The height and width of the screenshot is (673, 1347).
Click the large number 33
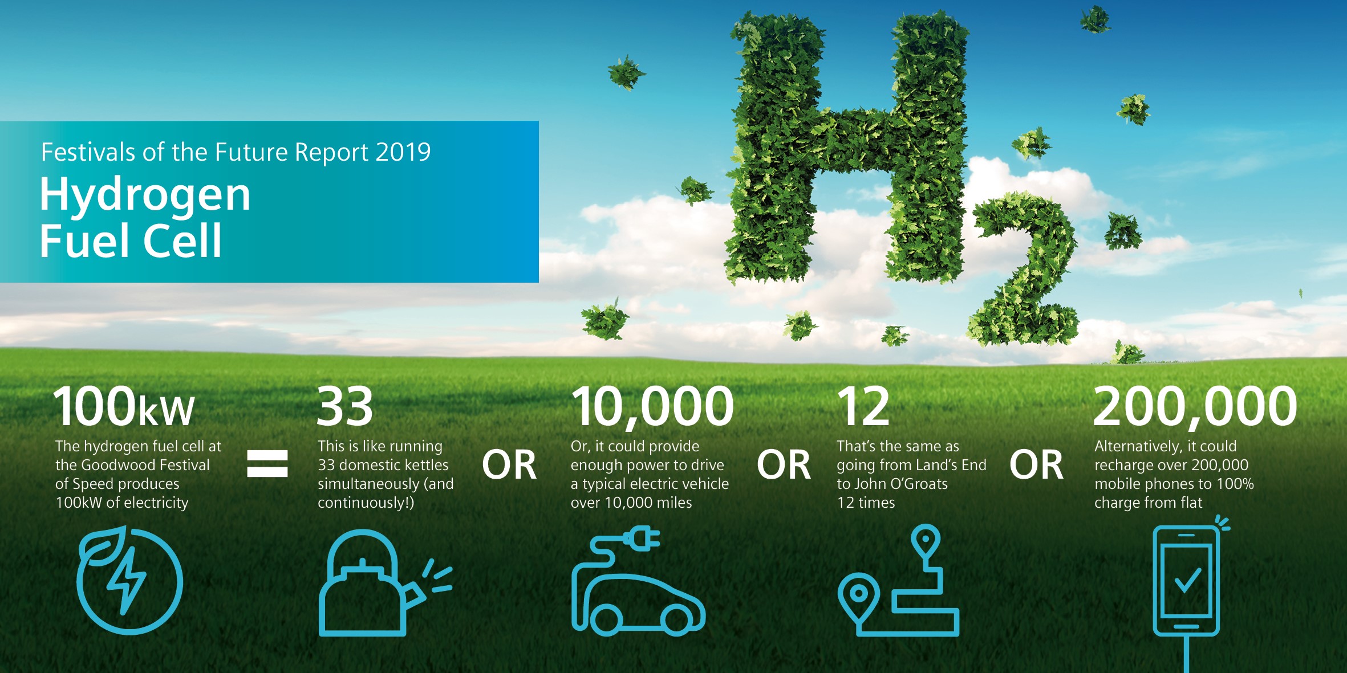345,406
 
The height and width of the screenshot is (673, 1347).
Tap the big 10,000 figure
652,407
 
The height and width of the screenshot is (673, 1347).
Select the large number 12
863,406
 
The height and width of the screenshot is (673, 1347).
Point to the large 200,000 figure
1195,407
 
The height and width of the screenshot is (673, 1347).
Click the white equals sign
267,463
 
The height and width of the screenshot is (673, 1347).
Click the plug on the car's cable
642,538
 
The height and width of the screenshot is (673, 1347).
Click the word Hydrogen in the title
145,195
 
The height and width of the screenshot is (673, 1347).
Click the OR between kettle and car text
509,465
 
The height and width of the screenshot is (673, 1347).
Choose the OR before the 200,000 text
1037,465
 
